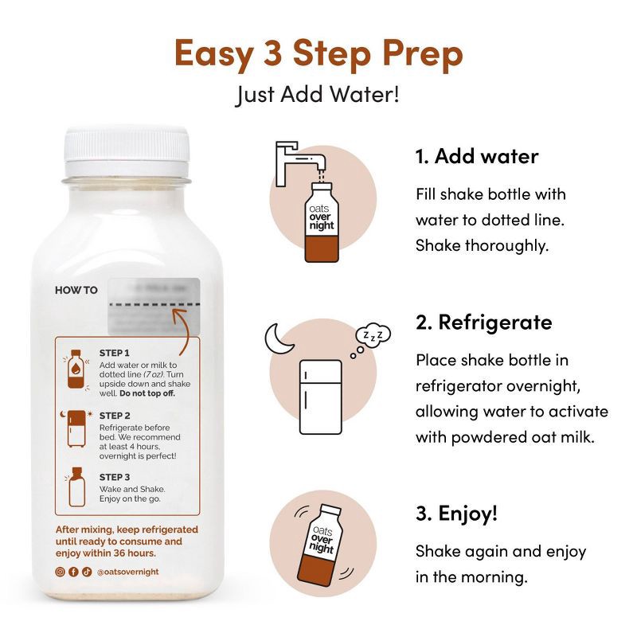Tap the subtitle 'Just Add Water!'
(x=318, y=95)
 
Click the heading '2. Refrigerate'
(x=483, y=322)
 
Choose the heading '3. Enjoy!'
(x=456, y=514)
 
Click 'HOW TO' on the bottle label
(x=76, y=290)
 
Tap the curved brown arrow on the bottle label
(x=186, y=335)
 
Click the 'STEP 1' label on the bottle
(x=114, y=352)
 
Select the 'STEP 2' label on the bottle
(x=115, y=416)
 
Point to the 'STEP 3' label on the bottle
(x=115, y=477)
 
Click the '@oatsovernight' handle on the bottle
(x=127, y=571)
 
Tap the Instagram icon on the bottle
(x=59, y=571)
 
